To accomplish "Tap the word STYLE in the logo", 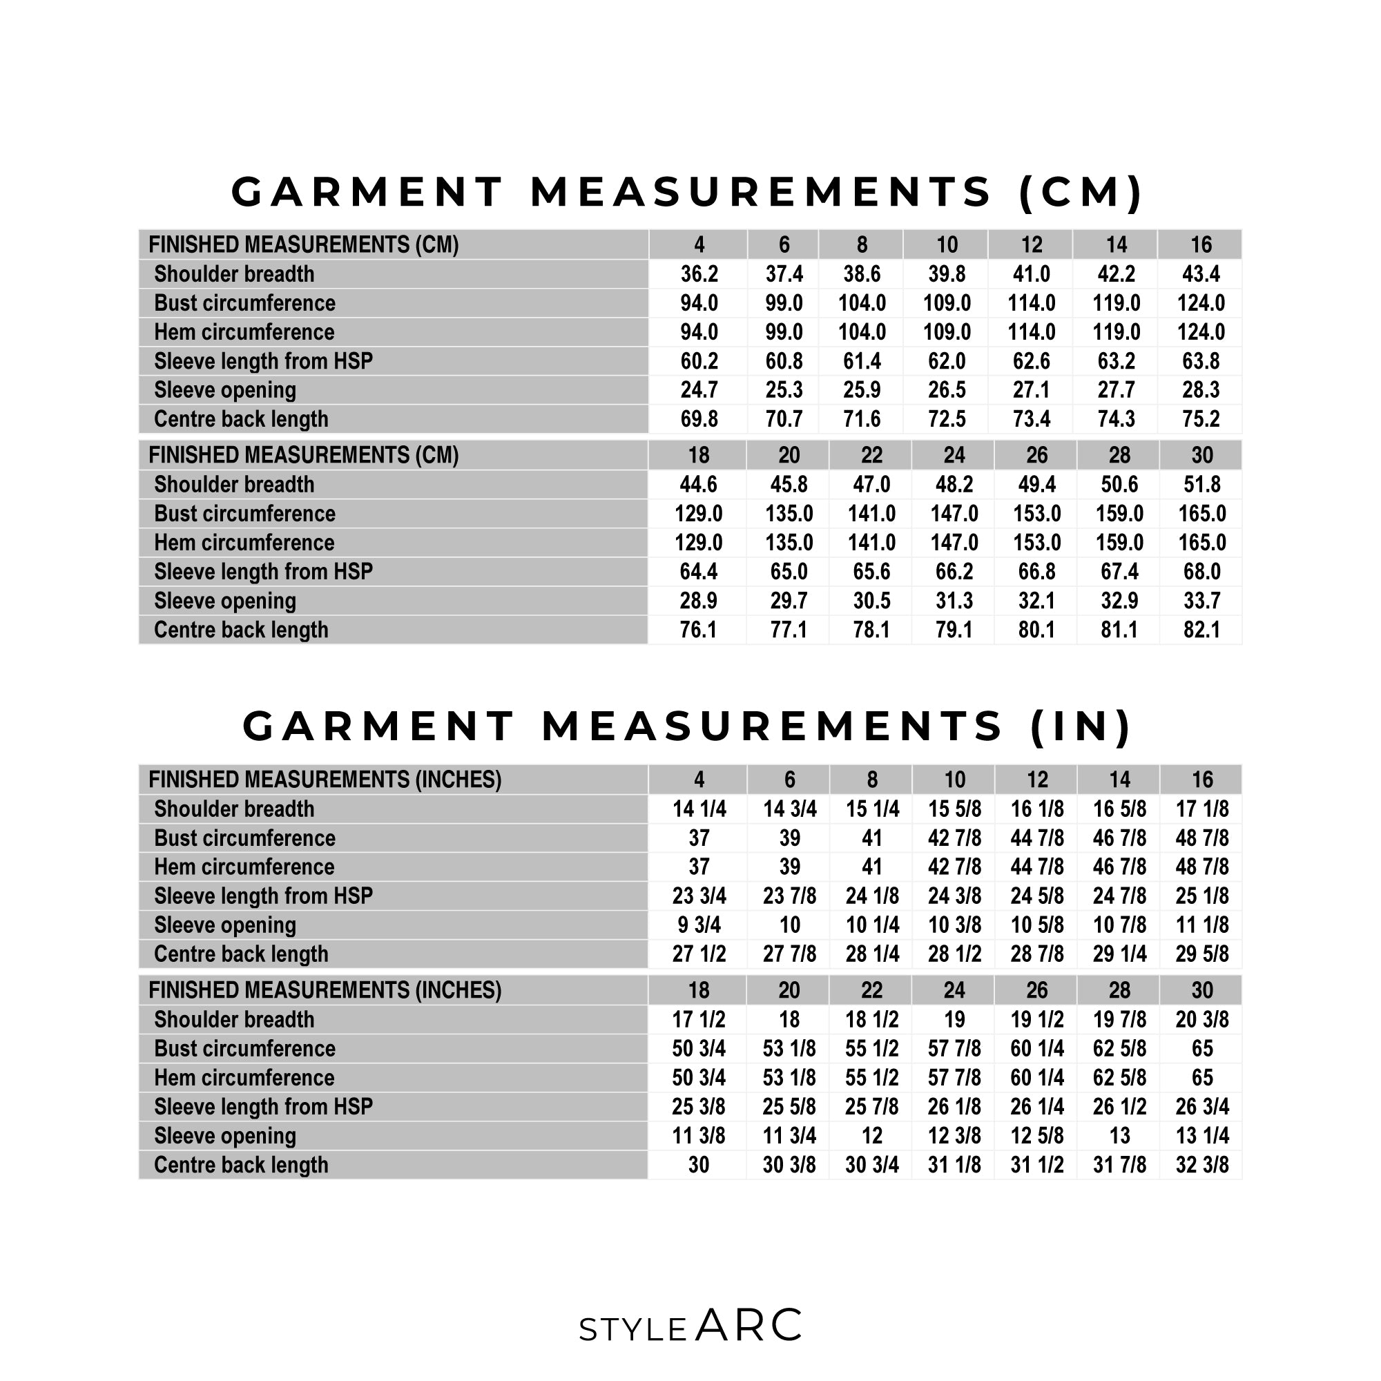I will (x=632, y=1329).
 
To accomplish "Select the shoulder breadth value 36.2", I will (x=698, y=273).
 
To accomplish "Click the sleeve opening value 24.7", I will (x=698, y=390).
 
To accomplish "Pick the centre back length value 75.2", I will (x=1200, y=419).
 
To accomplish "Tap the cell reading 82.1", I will (x=1201, y=630).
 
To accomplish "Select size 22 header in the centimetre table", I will (x=871, y=455).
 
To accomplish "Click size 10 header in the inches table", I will (x=954, y=779).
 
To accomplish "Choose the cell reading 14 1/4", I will (x=698, y=809).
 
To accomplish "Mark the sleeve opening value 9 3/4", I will (x=698, y=925).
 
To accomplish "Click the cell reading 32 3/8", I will (x=1201, y=1164).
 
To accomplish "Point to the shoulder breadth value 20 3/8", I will (x=1201, y=1019).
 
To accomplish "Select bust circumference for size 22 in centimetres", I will (x=871, y=513).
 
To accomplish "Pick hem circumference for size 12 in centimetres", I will (x=1031, y=332).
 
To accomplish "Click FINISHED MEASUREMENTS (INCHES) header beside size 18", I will (x=325, y=990).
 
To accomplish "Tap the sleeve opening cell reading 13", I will (x=1119, y=1136).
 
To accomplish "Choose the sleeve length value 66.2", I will (x=954, y=572).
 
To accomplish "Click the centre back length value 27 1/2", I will (x=698, y=954).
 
